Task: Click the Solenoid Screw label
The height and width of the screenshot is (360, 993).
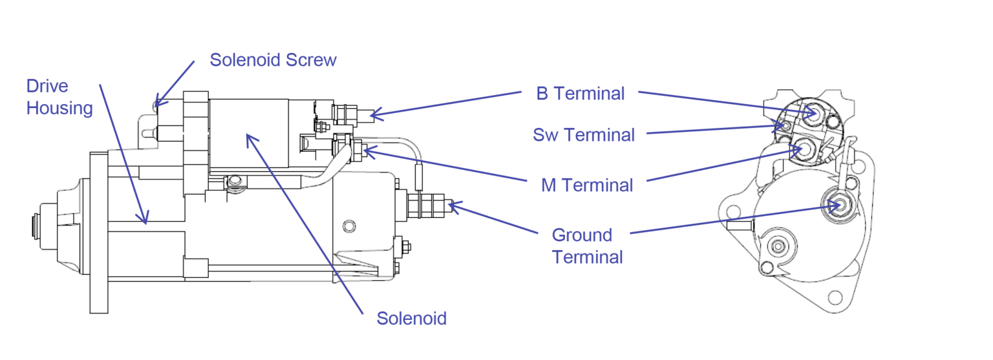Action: [273, 60]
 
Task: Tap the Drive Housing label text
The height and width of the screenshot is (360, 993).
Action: [59, 97]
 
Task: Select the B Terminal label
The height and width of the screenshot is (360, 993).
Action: [581, 93]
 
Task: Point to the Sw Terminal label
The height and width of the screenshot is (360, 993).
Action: [583, 135]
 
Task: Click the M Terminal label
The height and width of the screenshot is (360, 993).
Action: [587, 185]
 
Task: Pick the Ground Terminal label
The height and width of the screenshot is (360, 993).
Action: [587, 246]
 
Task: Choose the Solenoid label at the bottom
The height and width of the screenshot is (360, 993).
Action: [412, 319]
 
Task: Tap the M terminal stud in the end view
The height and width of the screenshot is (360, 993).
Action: [802, 149]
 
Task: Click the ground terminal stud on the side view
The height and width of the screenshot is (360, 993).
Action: [446, 206]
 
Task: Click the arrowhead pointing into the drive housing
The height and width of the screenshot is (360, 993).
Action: [145, 218]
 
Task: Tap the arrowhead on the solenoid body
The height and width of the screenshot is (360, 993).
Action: [250, 138]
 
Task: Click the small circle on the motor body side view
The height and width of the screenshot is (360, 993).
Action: [350, 226]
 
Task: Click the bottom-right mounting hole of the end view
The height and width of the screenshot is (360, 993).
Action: [835, 297]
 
